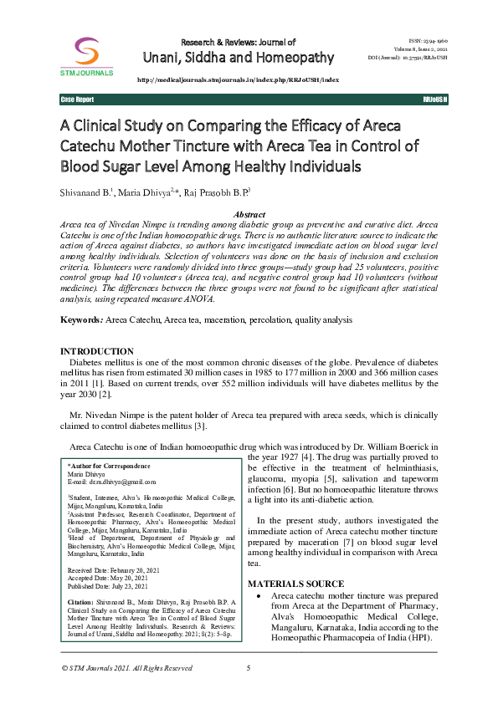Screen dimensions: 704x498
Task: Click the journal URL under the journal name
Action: tap(236, 79)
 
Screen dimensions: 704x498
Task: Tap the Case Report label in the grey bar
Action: tap(77, 99)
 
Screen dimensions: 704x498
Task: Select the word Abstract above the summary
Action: tap(249, 215)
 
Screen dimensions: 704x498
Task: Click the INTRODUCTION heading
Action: tap(97, 351)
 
